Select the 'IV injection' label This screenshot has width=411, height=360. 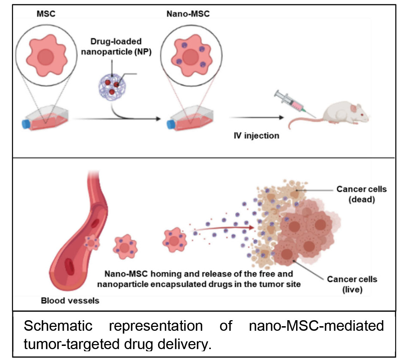tap(257, 135)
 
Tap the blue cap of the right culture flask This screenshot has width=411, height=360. tap(171, 124)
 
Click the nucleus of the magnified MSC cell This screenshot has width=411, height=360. tap(46, 57)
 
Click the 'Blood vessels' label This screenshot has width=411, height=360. tap(70, 300)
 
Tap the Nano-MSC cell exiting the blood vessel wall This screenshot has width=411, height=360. tap(93, 243)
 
